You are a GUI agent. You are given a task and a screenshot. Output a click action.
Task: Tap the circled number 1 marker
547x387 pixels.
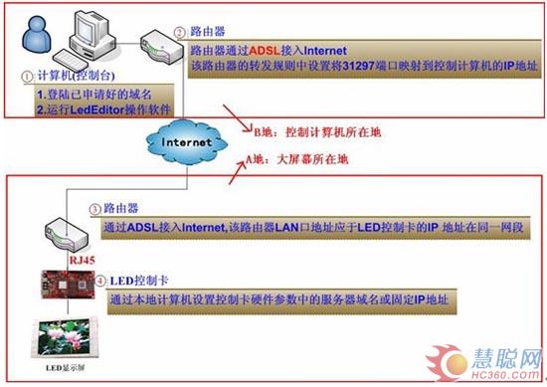tap(25, 74)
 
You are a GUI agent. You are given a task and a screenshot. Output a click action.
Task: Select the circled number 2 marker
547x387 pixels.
tap(179, 31)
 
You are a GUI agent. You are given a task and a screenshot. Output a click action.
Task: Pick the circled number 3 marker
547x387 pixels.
tap(92, 210)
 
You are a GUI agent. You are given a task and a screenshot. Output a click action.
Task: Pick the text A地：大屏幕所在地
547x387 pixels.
tap(297, 157)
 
